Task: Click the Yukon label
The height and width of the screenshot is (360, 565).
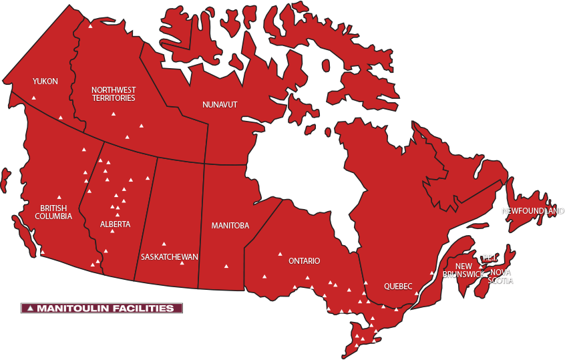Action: (x=45, y=81)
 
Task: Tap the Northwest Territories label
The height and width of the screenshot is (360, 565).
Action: (x=114, y=94)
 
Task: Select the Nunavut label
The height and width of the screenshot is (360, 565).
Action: (x=220, y=104)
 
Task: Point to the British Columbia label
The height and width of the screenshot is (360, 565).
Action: (x=53, y=212)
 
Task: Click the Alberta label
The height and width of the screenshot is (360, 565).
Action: (x=116, y=224)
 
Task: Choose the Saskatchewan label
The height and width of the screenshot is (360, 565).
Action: (x=170, y=256)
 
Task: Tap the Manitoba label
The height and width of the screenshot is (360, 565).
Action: (x=230, y=226)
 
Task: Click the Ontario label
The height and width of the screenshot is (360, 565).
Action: (x=304, y=261)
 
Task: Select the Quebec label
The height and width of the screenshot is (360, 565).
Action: (x=398, y=287)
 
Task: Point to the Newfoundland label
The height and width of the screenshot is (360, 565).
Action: (x=533, y=211)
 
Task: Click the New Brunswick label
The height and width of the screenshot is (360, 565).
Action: (x=463, y=271)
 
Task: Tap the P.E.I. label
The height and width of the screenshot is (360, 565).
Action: (x=490, y=258)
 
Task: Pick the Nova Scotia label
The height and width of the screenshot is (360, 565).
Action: (x=501, y=277)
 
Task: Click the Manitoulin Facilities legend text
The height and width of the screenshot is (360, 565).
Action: (x=106, y=309)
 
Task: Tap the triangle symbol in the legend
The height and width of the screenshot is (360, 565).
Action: (x=31, y=309)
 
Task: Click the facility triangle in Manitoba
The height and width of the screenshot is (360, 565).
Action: (x=226, y=266)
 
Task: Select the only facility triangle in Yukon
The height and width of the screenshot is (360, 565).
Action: (x=33, y=98)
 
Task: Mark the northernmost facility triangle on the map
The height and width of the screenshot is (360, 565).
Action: (x=90, y=26)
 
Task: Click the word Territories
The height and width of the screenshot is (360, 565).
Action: (x=114, y=98)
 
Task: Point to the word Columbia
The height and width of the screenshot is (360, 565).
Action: (x=53, y=216)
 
